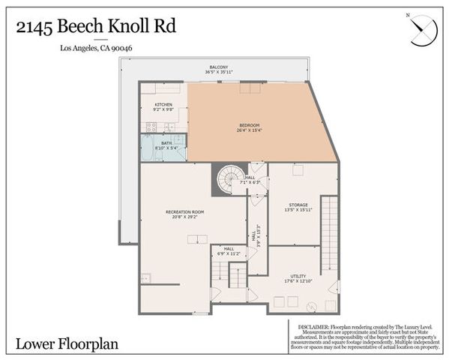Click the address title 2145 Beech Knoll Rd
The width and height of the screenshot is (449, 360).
coord(96,27)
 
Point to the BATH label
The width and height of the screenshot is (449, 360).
coord(166,144)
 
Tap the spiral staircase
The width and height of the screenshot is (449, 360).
coord(227,179)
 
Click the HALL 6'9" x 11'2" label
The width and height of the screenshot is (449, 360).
coord(229,251)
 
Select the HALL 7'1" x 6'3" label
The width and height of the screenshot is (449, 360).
coord(250,180)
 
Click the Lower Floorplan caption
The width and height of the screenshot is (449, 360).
coord(59,346)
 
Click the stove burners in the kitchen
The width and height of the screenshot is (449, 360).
coord(151,127)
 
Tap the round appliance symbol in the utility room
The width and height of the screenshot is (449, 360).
coord(310,304)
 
